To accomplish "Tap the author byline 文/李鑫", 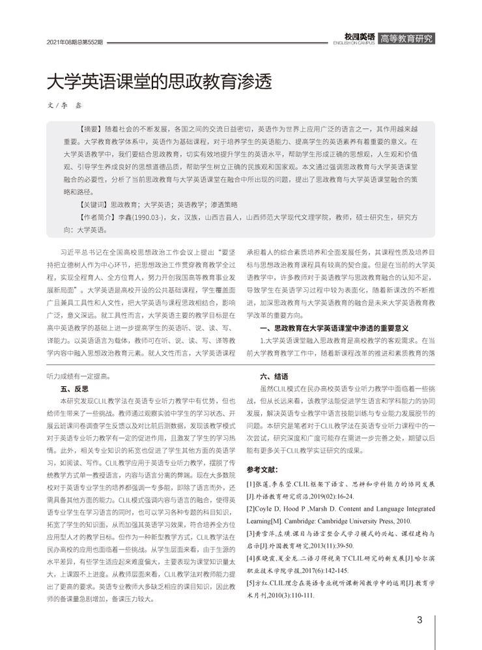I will [x=66, y=106].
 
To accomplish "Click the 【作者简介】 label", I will [x=97, y=216].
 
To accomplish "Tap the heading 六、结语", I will [x=274, y=376].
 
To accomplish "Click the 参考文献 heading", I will [x=262, y=469].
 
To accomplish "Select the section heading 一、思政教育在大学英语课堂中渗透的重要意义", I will [x=333, y=328].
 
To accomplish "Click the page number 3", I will [x=420, y=619].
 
